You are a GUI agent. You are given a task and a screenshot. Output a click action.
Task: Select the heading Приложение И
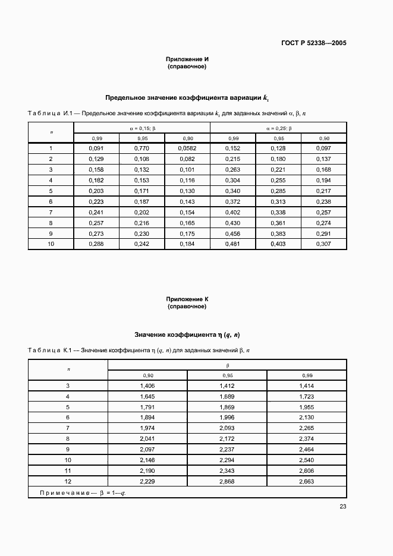click(187, 59)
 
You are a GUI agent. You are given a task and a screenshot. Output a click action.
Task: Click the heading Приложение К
click(187, 299)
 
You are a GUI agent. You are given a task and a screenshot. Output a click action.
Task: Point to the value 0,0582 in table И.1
click(187, 148)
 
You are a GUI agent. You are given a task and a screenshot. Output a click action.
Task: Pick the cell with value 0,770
click(142, 148)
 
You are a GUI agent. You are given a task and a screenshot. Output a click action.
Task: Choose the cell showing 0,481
click(232, 244)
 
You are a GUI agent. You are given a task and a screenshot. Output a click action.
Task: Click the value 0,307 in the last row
click(323, 244)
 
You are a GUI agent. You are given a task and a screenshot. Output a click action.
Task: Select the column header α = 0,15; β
click(142, 128)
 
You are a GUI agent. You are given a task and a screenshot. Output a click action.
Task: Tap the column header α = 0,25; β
click(278, 128)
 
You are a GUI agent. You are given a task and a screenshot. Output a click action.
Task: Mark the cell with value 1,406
click(147, 386)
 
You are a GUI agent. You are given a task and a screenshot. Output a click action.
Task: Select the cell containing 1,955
click(306, 407)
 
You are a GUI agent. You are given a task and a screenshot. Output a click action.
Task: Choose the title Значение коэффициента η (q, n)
click(187, 334)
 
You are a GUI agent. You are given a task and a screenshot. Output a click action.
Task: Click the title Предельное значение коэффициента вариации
click(184, 98)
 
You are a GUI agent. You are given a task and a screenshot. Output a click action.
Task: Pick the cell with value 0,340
click(232, 191)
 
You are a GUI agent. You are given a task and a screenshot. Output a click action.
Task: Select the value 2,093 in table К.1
click(227, 428)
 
